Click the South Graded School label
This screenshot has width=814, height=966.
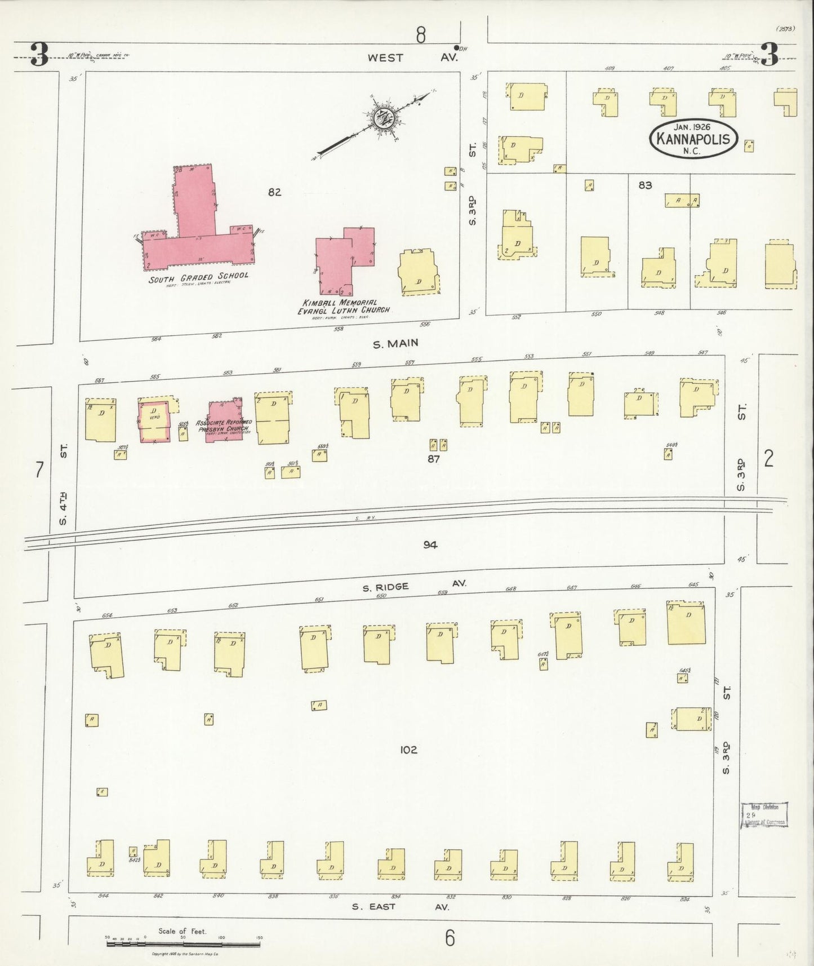click(198, 277)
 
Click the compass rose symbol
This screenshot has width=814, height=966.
click(385, 118)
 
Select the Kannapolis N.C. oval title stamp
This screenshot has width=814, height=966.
click(693, 139)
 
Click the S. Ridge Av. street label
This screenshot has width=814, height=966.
click(413, 586)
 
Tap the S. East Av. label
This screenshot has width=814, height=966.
click(401, 907)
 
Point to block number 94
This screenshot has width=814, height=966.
click(430, 544)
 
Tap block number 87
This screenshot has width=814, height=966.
click(433, 459)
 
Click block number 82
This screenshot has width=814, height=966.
click(274, 192)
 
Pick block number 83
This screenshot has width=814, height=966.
click(645, 185)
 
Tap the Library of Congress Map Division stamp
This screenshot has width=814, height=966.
click(763, 815)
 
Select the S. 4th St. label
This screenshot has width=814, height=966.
click(64, 484)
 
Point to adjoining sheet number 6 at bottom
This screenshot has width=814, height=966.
click(449, 938)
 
